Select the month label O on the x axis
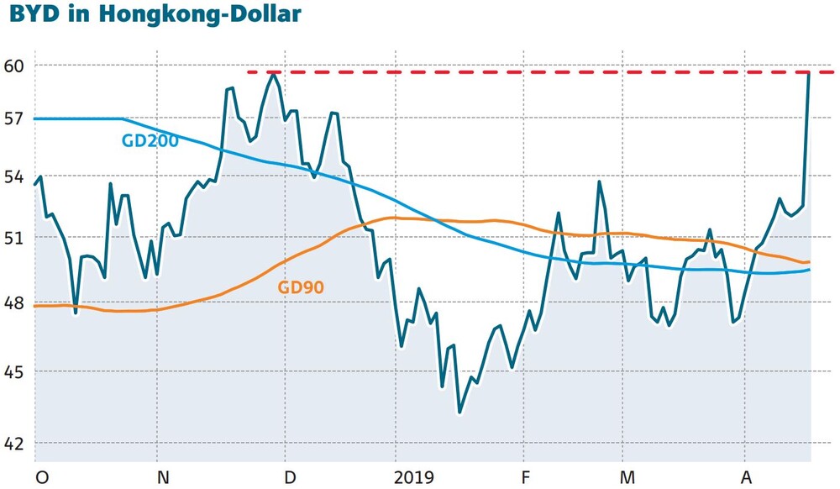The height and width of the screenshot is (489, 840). point(40,477)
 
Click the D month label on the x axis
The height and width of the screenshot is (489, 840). point(291,477)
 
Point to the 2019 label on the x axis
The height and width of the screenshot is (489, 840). point(413,477)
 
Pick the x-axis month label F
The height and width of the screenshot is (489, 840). point(526,477)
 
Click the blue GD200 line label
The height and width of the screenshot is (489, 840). point(150,141)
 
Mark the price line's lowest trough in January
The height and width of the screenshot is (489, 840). point(459,413)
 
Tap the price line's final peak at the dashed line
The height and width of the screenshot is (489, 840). point(808,74)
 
